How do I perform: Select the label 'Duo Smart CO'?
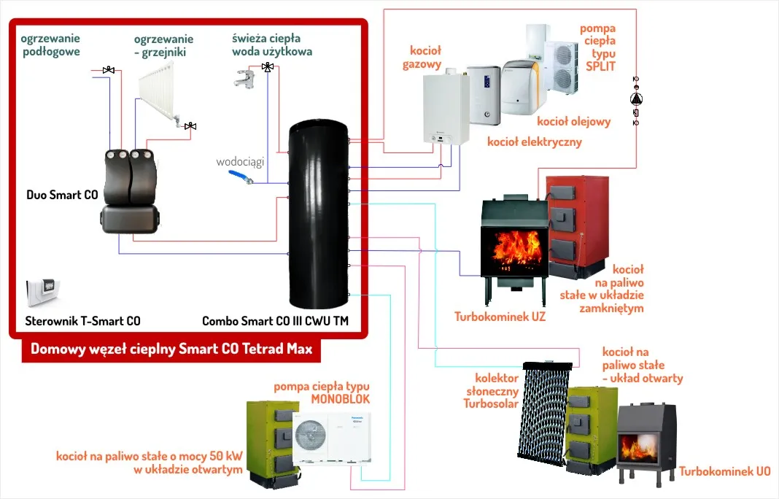pyautogui.click(x=62, y=195)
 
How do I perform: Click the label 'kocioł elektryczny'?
pyautogui.click(x=534, y=142)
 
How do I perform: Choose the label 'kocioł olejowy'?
pyautogui.click(x=573, y=121)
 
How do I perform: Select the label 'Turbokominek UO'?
pyautogui.click(x=724, y=471)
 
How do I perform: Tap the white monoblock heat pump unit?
pyautogui.click(x=331, y=436)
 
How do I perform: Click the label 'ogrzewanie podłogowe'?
pyautogui.click(x=50, y=45)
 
